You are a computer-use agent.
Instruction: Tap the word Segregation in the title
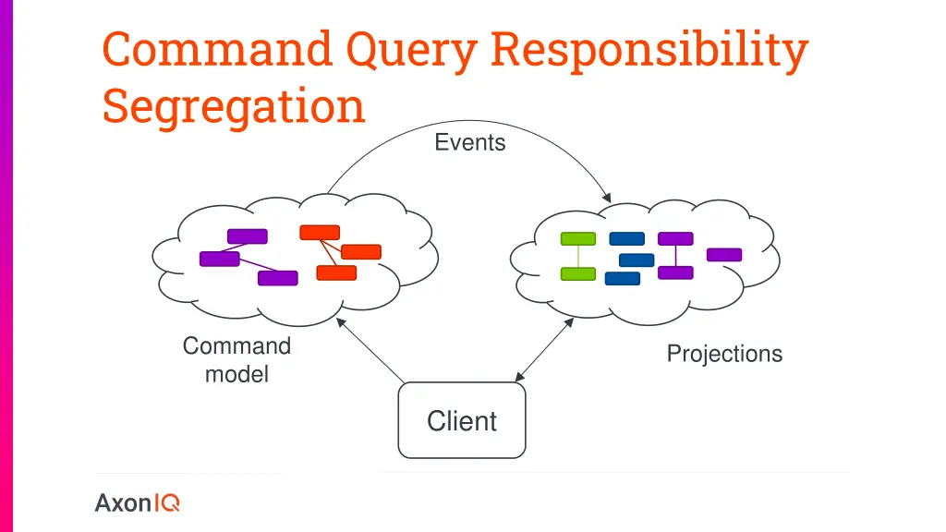pyautogui.click(x=234, y=105)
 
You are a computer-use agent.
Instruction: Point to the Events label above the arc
pyautogui.click(x=470, y=142)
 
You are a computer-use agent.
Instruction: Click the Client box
pyautogui.click(x=462, y=421)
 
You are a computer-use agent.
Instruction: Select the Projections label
pyautogui.click(x=724, y=354)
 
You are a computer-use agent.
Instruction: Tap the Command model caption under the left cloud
pyautogui.click(x=236, y=359)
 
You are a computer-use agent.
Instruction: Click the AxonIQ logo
pyautogui.click(x=138, y=503)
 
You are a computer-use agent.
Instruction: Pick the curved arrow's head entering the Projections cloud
pyautogui.click(x=607, y=197)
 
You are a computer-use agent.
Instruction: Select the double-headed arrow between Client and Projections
pyautogui.click(x=545, y=349)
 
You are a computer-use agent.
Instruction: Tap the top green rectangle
pyautogui.click(x=578, y=239)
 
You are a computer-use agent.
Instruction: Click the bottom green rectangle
pyautogui.click(x=578, y=273)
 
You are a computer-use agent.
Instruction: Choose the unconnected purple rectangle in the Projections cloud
pyautogui.click(x=724, y=255)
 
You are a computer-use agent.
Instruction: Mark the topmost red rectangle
pyautogui.click(x=320, y=233)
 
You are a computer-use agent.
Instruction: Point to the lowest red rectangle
pyautogui.click(x=336, y=272)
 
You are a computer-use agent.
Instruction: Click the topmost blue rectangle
pyautogui.click(x=627, y=239)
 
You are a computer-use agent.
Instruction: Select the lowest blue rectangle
pyautogui.click(x=623, y=278)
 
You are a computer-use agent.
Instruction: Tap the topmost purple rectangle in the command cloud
pyautogui.click(x=247, y=236)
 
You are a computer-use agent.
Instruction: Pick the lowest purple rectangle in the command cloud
pyautogui.click(x=277, y=278)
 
